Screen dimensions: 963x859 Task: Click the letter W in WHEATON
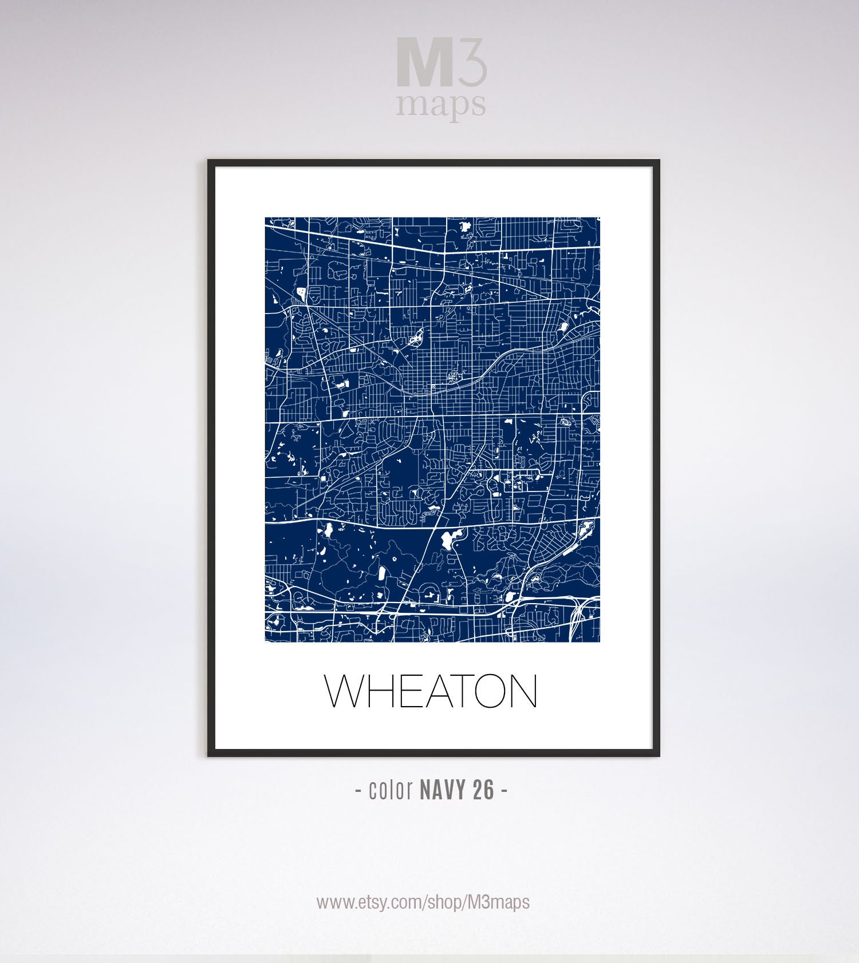point(345,691)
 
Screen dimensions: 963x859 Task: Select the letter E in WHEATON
point(411,691)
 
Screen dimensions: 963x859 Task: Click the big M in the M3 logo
point(423,62)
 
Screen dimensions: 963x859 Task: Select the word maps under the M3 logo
point(441,105)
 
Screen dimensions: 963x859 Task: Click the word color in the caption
point(391,790)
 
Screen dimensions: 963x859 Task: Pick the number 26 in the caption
point(484,790)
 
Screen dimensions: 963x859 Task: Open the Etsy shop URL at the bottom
point(423,902)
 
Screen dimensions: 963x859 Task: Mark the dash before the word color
point(358,791)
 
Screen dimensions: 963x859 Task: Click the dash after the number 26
point(504,791)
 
